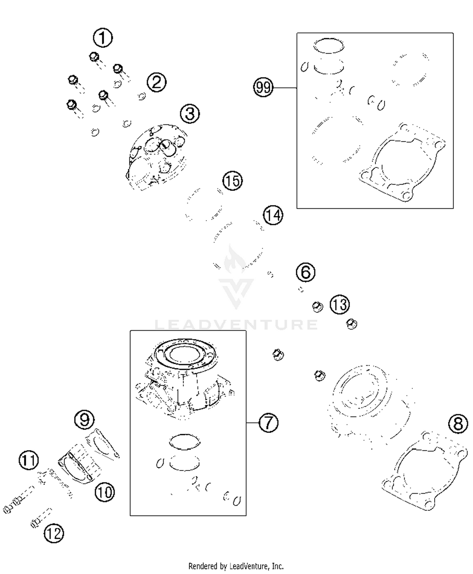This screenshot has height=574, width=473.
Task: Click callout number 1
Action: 103,38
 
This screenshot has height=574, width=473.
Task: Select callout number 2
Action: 156,82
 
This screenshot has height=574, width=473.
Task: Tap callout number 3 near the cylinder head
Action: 190,113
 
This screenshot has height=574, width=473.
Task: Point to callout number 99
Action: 263,87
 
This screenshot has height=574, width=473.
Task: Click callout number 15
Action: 233,181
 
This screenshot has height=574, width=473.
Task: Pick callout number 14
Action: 273,215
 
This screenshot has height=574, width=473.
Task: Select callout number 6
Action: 306,272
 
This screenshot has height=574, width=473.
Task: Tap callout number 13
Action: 340,305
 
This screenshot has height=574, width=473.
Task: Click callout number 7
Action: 268,422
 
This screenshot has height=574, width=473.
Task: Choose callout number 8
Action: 458,424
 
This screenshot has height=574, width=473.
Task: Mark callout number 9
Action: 84,419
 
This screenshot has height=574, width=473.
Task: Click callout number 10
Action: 105,492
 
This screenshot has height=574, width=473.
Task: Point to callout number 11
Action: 29,460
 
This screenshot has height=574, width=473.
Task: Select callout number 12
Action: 54,533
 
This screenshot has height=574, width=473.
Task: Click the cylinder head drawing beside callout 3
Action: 156,158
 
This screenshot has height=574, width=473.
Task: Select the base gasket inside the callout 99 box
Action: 402,162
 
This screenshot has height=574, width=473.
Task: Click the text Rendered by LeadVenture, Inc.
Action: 236,566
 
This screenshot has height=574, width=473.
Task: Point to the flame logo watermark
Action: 235,260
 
